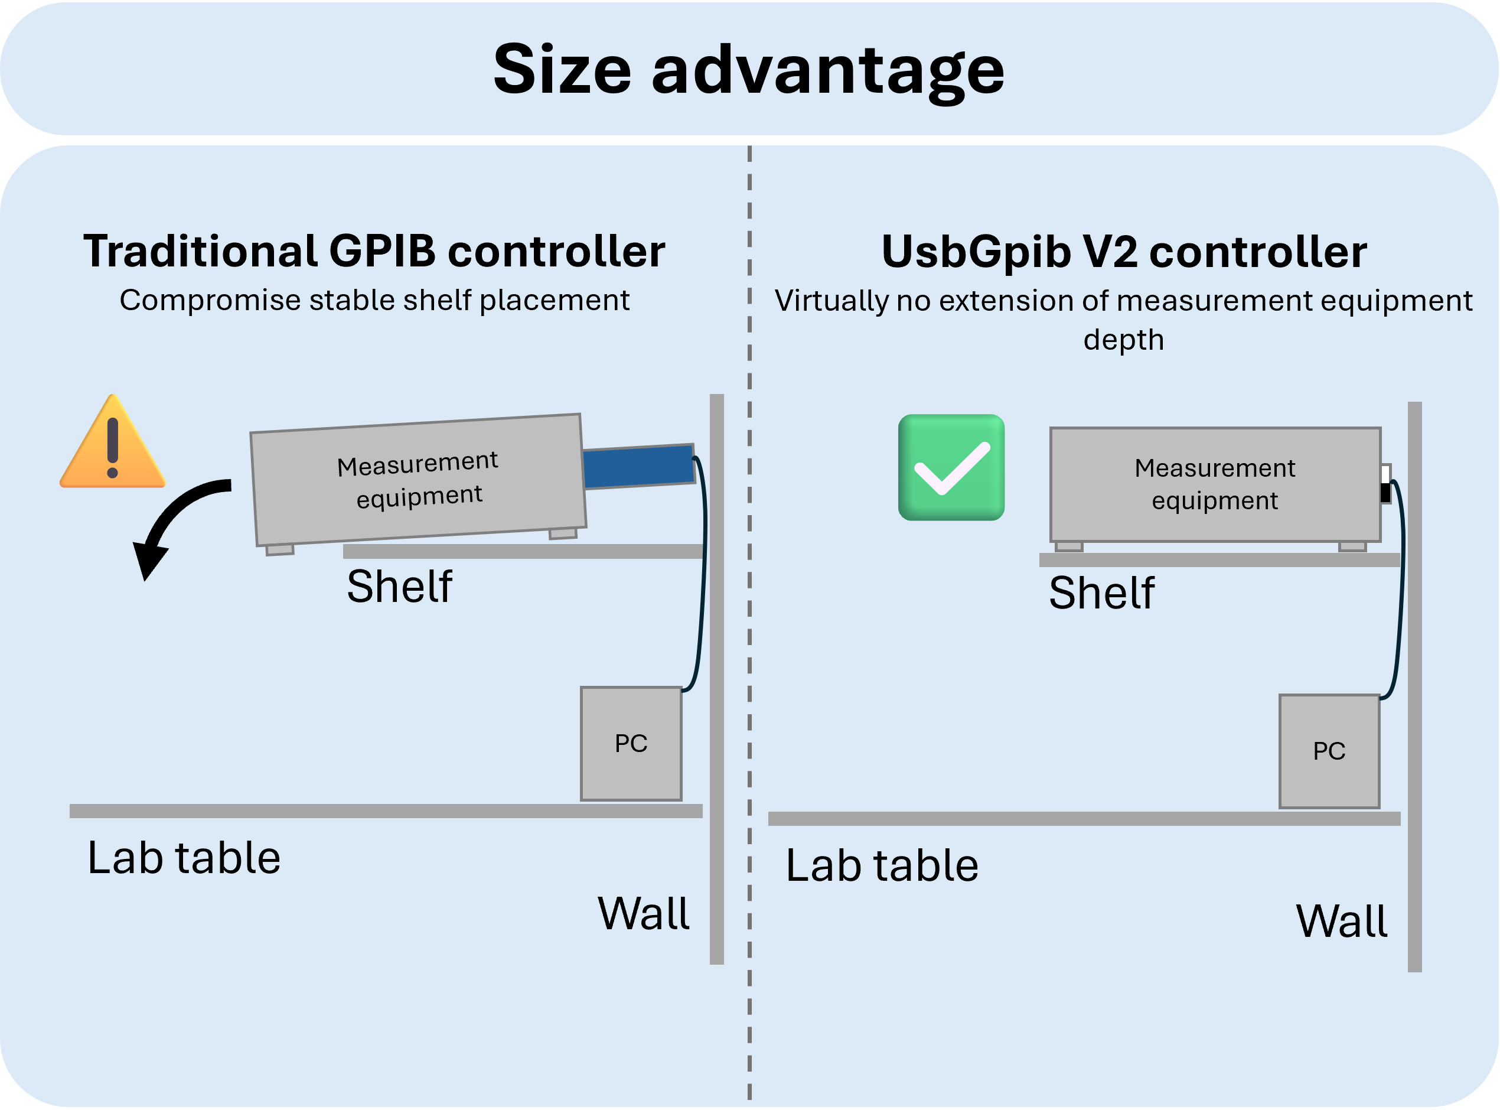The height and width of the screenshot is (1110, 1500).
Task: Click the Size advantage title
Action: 748,70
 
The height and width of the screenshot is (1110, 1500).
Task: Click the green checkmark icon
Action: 951,467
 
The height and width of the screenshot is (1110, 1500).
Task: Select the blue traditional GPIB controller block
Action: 638,466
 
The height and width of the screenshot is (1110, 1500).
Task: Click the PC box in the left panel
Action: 631,743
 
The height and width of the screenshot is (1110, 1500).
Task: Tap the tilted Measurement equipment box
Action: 418,479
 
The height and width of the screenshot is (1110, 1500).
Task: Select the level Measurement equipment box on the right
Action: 1215,484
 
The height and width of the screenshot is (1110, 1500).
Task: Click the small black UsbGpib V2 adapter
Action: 1385,493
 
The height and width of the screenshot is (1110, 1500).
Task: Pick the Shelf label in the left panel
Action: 399,587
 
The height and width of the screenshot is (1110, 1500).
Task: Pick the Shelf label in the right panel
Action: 1101,593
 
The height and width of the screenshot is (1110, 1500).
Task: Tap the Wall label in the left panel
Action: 643,914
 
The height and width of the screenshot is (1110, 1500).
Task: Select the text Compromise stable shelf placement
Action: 374,300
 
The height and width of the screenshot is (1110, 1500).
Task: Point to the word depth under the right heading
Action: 1123,339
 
